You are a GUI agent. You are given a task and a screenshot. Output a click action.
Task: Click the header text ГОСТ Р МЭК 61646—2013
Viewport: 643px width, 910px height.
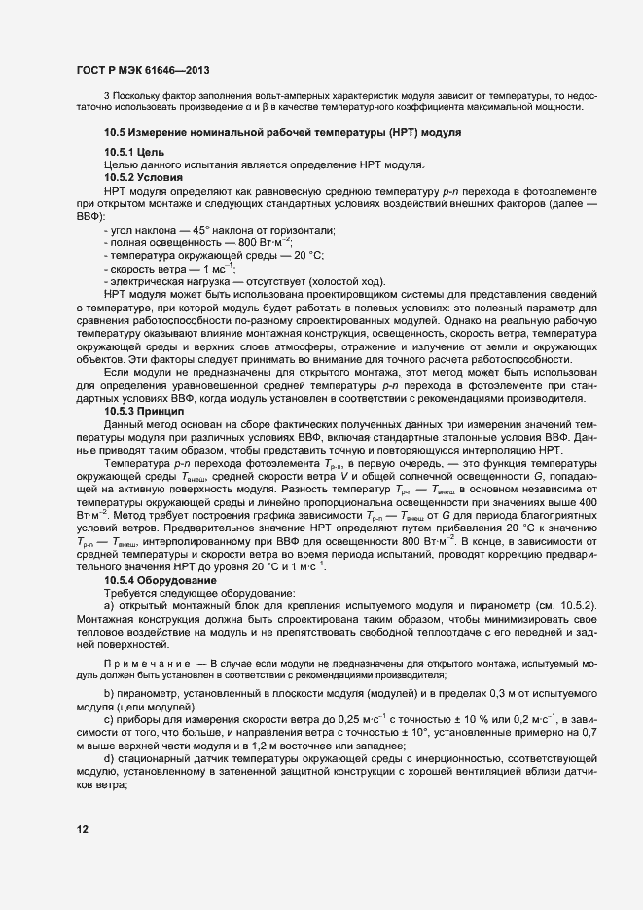(x=141, y=70)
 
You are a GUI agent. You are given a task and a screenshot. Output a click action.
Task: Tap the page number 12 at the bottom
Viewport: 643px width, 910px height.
(x=82, y=828)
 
